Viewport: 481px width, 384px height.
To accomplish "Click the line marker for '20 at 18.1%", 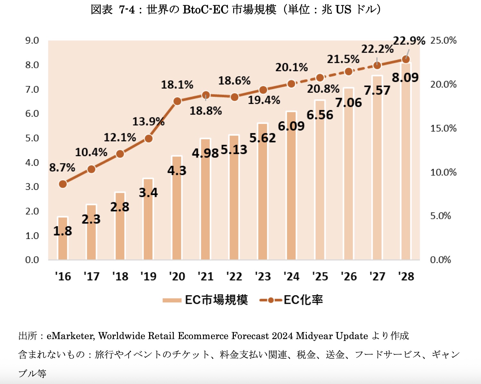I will coord(177,101).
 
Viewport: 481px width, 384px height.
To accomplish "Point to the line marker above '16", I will coord(63,184).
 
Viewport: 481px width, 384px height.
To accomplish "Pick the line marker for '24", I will coord(291,84).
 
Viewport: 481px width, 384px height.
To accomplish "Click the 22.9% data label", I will coord(409,41).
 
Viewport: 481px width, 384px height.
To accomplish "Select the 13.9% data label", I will coord(148,122).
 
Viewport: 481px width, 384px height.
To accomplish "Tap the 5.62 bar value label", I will coord(263,138).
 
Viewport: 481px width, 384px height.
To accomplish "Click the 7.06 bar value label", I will coord(349,103).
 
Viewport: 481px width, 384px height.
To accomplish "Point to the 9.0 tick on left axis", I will coord(32,40).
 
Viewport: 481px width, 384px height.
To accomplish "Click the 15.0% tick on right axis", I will coord(443,128).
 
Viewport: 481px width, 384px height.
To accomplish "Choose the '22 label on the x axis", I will coord(234,276).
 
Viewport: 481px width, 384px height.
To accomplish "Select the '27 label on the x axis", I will coord(377,276).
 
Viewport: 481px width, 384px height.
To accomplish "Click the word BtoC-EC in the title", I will coord(205,10).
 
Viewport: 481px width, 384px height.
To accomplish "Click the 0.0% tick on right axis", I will coord(441,260).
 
